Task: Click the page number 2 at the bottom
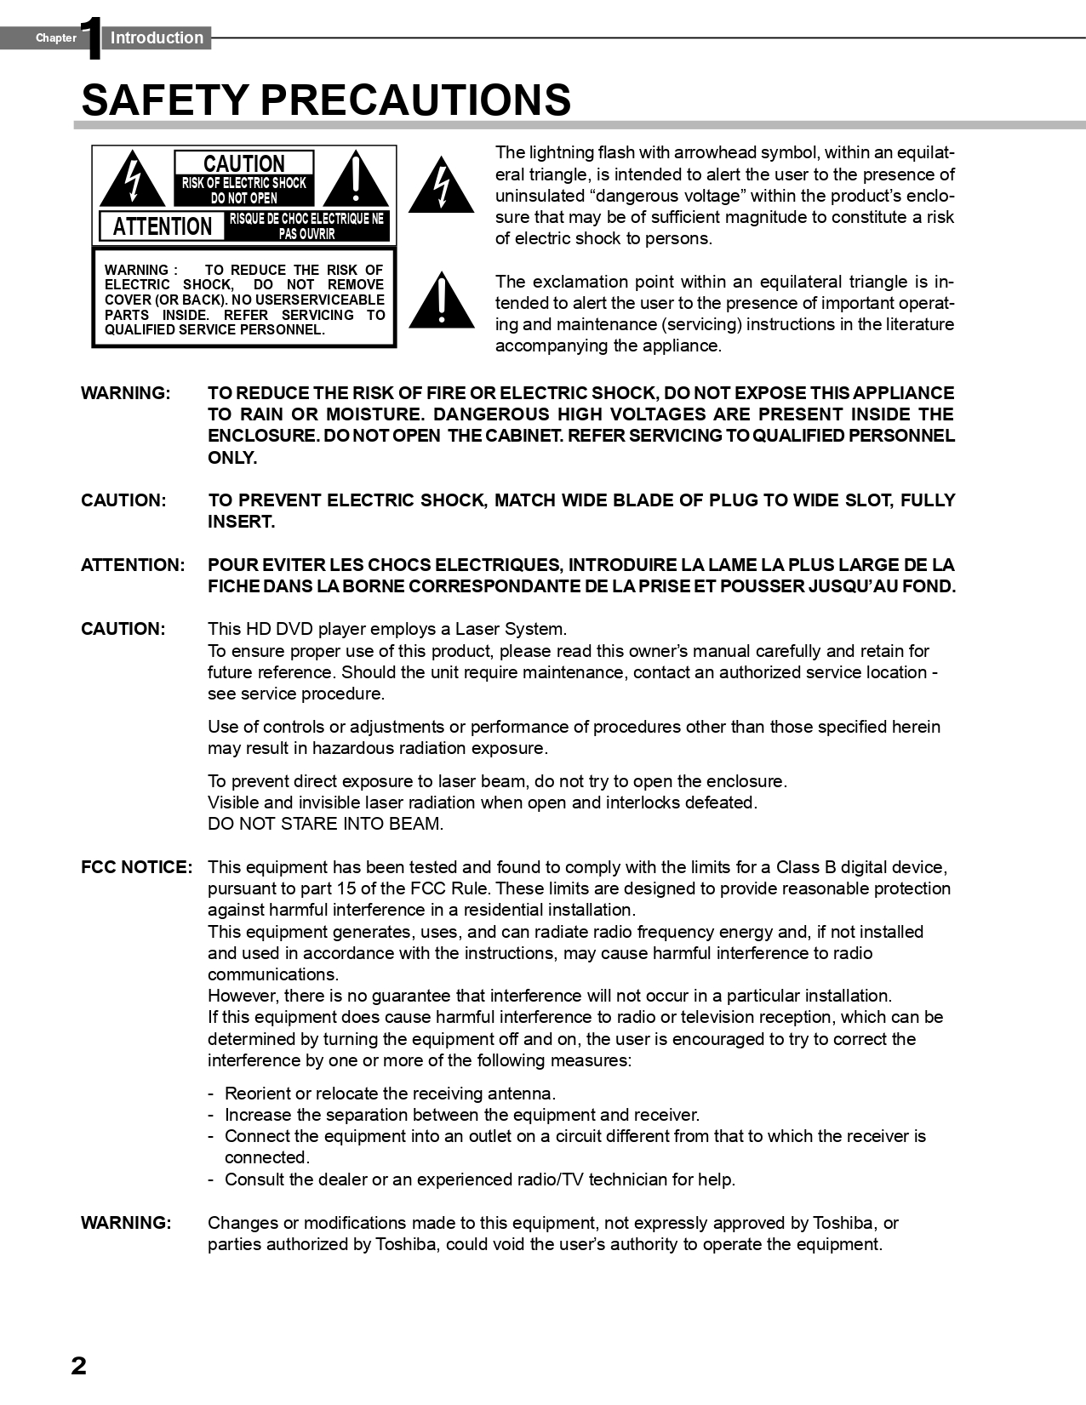pos(78,1366)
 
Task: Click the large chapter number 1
pos(91,39)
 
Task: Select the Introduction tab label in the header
pos(157,38)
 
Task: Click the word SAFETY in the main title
pos(165,100)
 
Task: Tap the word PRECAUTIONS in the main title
pos(415,100)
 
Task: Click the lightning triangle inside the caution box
pos(132,180)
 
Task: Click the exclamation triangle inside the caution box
pos(356,180)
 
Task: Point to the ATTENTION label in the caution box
pos(163,226)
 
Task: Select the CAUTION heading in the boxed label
pos(244,163)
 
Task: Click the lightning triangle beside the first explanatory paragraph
pos(441,185)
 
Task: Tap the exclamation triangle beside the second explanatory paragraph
pos(441,300)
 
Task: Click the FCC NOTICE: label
pos(136,867)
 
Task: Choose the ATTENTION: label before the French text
pos(133,565)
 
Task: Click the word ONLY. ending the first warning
pos(232,458)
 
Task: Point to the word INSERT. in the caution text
pos(242,522)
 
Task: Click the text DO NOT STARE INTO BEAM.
pos(325,824)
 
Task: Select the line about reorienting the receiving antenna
pos(389,1094)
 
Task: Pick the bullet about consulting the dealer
pos(479,1179)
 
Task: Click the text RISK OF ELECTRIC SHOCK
pos(244,183)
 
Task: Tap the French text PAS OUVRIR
pos(306,234)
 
